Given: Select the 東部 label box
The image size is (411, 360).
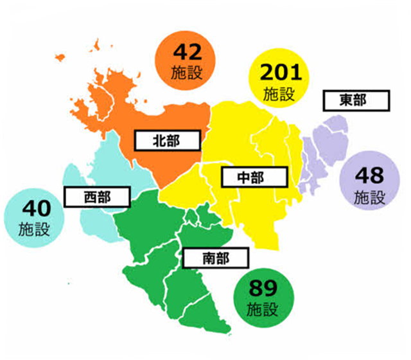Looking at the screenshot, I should [x=354, y=100].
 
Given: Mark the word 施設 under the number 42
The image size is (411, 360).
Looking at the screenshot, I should [x=187, y=73].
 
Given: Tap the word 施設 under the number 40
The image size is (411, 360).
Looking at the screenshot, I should [x=33, y=229].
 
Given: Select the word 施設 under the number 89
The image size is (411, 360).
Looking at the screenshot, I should [x=263, y=309].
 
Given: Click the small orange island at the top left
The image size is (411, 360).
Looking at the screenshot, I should [x=98, y=46].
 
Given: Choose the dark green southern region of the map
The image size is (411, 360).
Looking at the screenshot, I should [x=161, y=244].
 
